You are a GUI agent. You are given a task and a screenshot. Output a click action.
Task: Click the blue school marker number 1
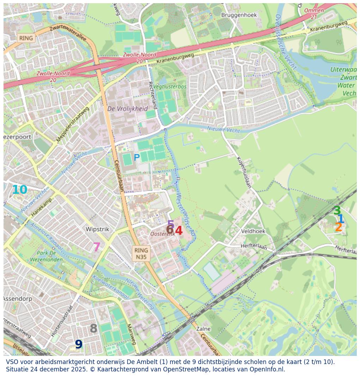341,219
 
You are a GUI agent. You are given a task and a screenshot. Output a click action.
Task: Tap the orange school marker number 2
338,227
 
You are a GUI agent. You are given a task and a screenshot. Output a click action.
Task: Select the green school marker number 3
337,211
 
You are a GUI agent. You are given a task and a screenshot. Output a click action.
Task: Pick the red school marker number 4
179,231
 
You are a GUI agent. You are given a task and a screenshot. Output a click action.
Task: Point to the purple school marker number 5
171,224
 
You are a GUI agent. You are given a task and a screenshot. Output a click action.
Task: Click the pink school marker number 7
96,247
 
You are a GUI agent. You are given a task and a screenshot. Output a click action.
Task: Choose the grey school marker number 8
93,328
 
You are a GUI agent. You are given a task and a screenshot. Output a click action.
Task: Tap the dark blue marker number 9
79,344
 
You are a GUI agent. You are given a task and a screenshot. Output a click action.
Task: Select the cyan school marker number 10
19,190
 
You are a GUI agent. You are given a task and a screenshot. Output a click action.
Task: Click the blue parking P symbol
136,158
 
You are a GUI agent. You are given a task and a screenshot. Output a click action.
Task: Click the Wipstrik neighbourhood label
97,229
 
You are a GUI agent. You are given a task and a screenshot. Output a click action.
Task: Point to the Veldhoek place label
253,231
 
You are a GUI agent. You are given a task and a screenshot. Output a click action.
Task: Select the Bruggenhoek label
239,15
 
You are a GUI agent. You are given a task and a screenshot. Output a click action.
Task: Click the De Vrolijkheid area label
128,109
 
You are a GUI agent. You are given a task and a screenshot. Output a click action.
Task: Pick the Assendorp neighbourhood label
18,298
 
